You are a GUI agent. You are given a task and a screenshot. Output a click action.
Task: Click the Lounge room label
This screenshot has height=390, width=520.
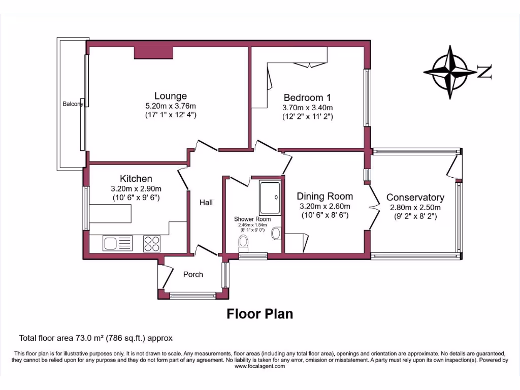171,96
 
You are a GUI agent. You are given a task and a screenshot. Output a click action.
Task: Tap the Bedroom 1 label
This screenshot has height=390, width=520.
307,97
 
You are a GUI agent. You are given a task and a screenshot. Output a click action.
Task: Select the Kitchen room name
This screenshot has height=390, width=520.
136,179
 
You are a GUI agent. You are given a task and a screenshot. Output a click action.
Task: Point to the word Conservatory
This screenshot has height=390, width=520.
415,198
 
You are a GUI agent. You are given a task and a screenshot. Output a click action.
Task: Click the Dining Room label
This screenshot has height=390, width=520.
324,196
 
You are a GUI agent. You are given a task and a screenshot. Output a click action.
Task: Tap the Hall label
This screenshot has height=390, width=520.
206,203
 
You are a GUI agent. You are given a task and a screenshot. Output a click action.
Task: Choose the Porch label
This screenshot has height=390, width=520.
193,274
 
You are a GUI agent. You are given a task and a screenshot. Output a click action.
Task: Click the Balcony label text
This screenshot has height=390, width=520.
73,104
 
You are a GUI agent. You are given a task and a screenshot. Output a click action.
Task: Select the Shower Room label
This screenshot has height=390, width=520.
252,219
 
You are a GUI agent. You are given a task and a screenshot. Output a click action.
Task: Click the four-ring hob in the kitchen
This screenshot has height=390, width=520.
151,243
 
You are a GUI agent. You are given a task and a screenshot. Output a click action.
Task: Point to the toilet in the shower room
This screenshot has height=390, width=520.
243,245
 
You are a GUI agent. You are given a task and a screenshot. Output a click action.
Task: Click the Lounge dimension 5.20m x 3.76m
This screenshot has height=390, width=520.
171,106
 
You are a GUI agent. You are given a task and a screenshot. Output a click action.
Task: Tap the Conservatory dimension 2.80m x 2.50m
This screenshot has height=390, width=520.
415,207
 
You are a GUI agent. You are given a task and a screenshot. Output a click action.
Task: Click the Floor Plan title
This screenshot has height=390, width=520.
259,314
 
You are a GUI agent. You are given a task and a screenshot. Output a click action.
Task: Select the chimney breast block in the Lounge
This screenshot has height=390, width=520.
153,53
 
